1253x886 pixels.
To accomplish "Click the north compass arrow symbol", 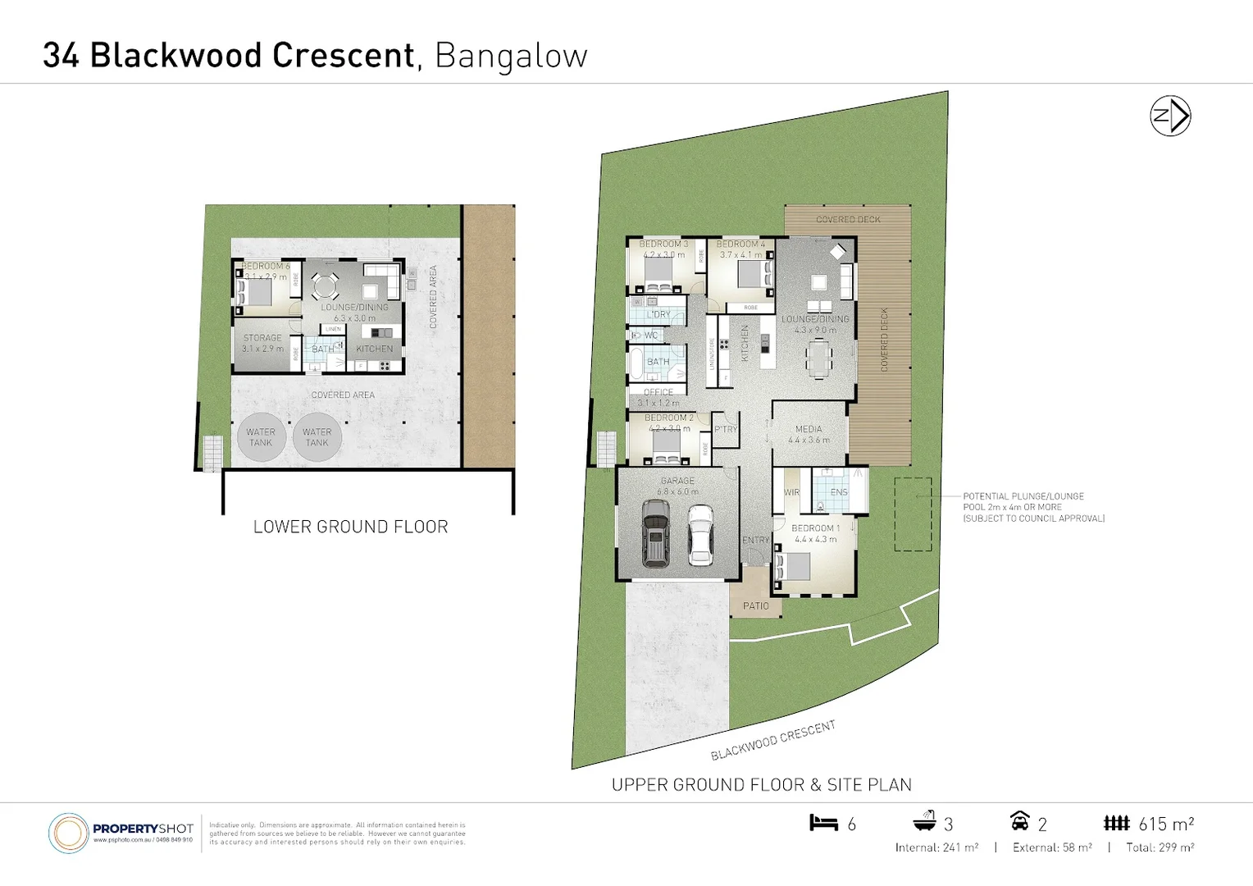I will click(1170, 116).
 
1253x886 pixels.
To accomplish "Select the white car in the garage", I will click(700, 534).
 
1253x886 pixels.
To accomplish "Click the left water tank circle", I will click(261, 437).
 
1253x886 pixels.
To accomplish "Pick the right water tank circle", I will click(317, 437).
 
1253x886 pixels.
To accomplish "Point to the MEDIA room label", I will click(809, 429).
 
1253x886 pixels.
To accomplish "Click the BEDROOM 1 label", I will click(815, 528).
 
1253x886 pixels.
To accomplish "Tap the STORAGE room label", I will click(262, 338).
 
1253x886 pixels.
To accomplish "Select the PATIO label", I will click(756, 606).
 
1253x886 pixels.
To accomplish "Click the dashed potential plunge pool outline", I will click(913, 514).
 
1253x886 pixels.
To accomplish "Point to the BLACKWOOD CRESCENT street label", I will click(772, 740).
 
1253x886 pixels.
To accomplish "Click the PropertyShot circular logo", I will click(68, 833).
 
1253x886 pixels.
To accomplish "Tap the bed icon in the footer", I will click(823, 823).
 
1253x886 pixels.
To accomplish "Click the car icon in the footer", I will click(1019, 821).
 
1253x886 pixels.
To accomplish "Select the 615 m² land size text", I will click(1165, 824).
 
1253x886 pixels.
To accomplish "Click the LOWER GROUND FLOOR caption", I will click(350, 527).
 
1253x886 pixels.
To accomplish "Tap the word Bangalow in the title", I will click(511, 56).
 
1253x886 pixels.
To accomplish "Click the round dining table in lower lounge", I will click(325, 287).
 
